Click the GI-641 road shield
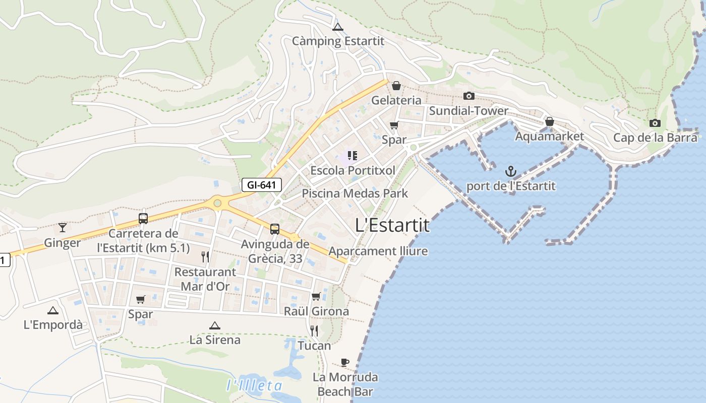[x=261, y=185]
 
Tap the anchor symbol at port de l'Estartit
[x=511, y=171]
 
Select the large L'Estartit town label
[x=392, y=225]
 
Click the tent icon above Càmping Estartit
[x=338, y=27]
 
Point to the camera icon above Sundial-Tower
[x=469, y=96]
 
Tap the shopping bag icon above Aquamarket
[x=549, y=121]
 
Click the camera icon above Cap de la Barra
[x=655, y=123]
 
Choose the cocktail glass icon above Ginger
[x=63, y=228]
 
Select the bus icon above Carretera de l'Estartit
[x=143, y=219]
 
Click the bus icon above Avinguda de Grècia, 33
[x=275, y=229]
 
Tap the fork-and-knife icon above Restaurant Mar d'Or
[x=205, y=257]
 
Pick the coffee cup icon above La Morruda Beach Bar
[x=345, y=362]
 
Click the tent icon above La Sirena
[x=215, y=325]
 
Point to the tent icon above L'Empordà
[x=53, y=310]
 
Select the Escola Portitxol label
[x=352, y=170]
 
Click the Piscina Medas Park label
[x=355, y=193]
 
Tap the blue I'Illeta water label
[x=254, y=386]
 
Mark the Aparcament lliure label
[x=378, y=251]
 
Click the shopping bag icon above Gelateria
[x=396, y=86]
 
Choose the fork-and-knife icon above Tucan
[x=314, y=331]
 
